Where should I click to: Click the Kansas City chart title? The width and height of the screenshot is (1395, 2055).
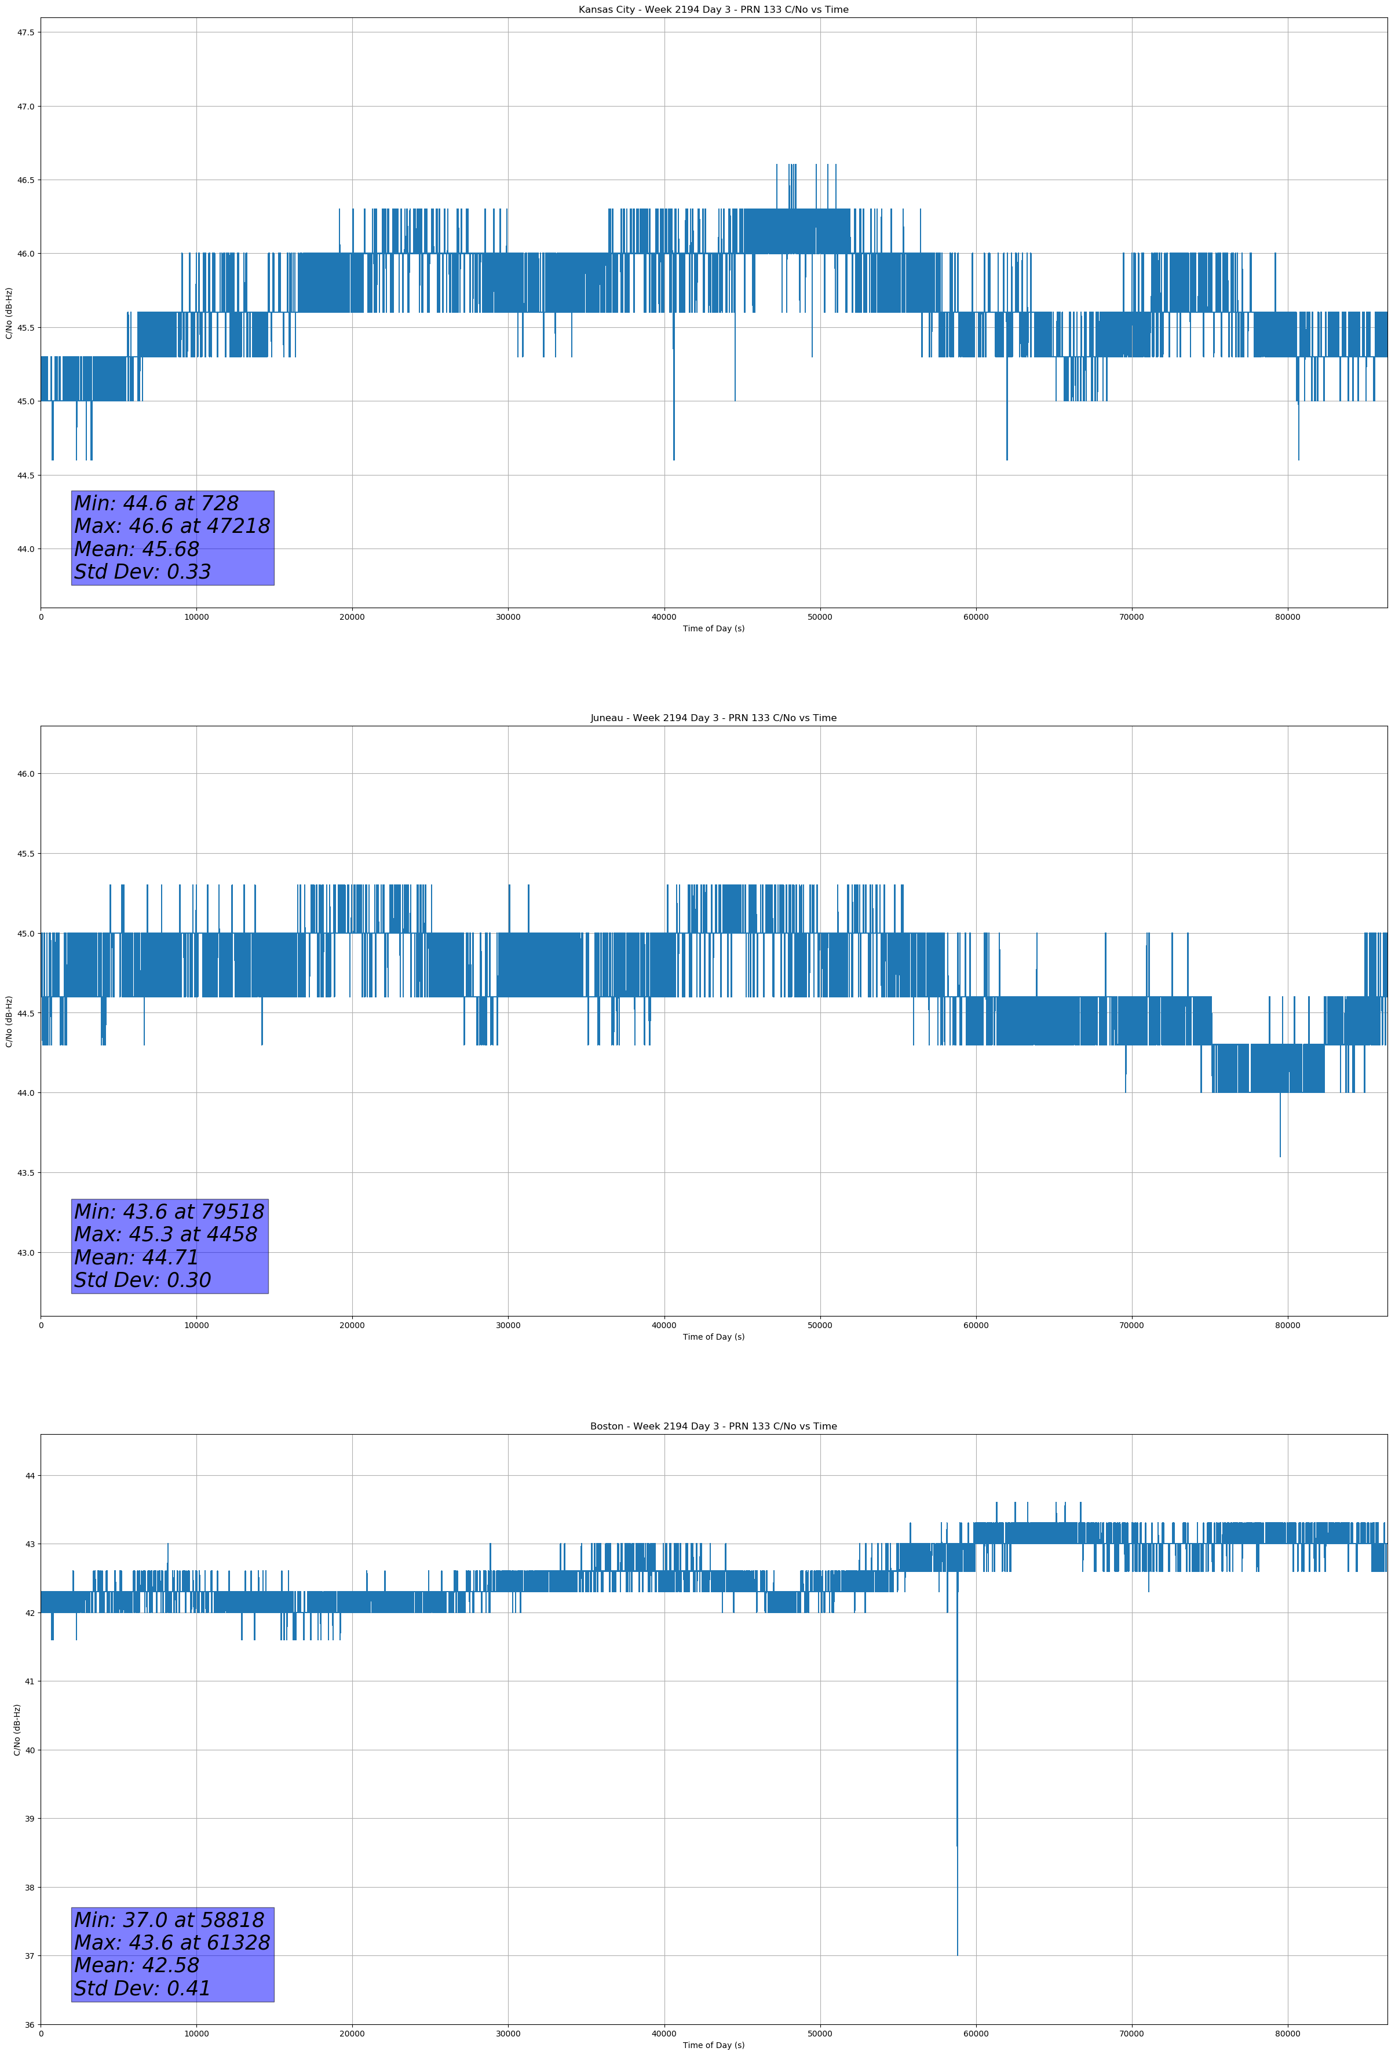click(x=713, y=10)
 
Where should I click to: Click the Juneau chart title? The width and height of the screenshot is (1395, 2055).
click(x=713, y=718)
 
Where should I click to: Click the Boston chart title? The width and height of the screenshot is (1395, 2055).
click(x=713, y=1427)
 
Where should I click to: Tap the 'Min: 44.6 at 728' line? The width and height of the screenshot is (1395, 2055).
click(x=156, y=503)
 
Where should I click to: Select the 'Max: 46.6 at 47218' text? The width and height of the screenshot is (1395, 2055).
click(x=171, y=526)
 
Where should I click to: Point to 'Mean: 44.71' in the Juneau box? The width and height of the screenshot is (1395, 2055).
click(x=136, y=1257)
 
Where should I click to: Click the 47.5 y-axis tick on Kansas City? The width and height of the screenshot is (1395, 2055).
click(x=25, y=32)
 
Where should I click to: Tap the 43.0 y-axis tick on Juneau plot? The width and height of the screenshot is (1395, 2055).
click(x=25, y=1253)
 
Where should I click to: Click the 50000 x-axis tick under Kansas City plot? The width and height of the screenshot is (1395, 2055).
click(x=819, y=617)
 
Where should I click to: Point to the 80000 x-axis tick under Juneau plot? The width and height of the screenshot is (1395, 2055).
click(x=1287, y=1325)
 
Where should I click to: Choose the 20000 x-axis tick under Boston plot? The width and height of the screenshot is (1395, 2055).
click(x=352, y=2034)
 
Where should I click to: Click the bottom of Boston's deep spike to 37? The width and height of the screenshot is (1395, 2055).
click(x=957, y=1954)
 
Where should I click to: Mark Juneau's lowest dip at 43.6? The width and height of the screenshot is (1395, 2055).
click(x=1280, y=1156)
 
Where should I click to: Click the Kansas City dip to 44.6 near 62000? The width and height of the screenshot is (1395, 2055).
click(x=1007, y=459)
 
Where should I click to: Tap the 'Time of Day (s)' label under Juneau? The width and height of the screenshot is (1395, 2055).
click(x=713, y=1337)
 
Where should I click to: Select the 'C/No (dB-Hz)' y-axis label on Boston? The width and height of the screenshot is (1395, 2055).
click(x=17, y=1729)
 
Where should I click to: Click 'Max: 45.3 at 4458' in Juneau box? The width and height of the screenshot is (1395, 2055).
click(x=166, y=1234)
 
